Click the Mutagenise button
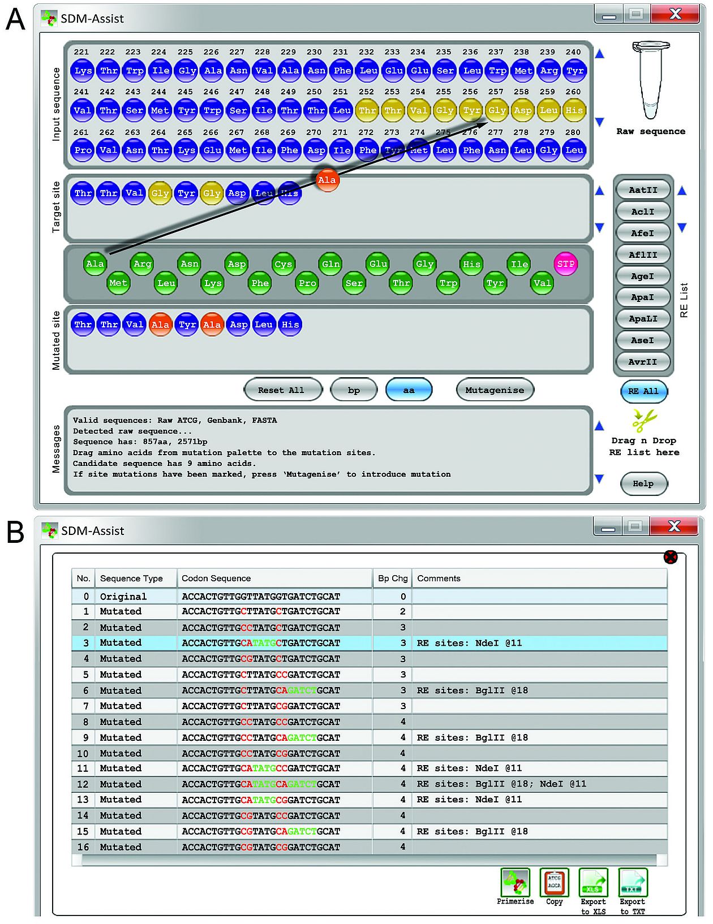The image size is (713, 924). click(x=495, y=390)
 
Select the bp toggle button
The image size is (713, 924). click(x=354, y=390)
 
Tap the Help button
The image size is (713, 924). click(x=643, y=483)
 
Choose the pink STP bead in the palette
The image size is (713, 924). click(x=566, y=264)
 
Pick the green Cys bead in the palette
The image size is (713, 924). click(x=283, y=264)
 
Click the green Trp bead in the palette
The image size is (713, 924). click(x=448, y=283)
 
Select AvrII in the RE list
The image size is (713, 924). click(x=643, y=362)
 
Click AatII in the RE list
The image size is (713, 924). click(x=643, y=190)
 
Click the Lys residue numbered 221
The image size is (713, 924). click(x=83, y=71)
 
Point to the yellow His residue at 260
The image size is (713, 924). click(x=574, y=110)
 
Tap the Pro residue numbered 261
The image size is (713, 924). click(x=83, y=150)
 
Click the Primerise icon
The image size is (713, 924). click(x=515, y=883)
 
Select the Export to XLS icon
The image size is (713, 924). click(x=593, y=883)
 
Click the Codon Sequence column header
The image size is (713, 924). click(x=216, y=578)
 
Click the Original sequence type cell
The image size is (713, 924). click(x=123, y=597)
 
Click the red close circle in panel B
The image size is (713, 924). click(x=671, y=558)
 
